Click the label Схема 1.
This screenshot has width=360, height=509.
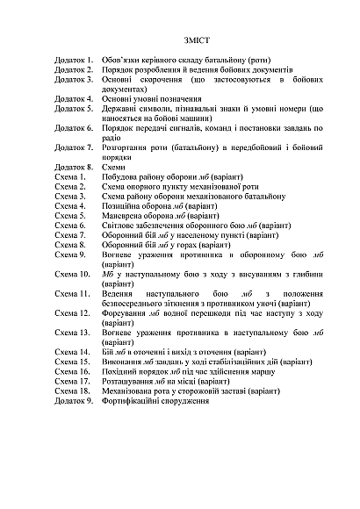[x=69, y=176]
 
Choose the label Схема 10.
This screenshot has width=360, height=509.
[x=71, y=274]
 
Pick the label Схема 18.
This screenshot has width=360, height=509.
[x=71, y=390]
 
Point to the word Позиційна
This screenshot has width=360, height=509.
[x=124, y=205]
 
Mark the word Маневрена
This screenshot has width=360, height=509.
[x=126, y=215]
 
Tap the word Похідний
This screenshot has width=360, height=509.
[x=122, y=370]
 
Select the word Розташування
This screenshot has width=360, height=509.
[x=132, y=380]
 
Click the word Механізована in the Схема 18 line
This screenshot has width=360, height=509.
[x=133, y=390]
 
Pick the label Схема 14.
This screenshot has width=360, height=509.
[x=71, y=351]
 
